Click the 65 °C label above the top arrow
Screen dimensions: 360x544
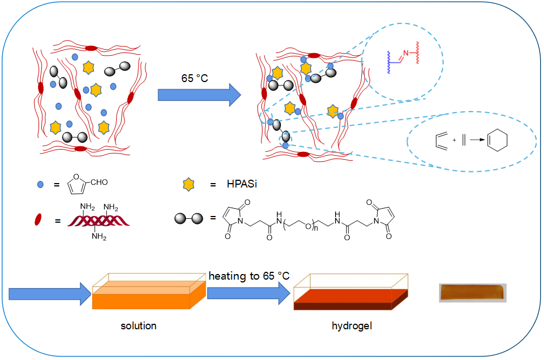[194, 79]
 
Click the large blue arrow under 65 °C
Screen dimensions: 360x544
[198, 95]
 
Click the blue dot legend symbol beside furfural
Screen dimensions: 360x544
[40, 184]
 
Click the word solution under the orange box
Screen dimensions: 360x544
[139, 325]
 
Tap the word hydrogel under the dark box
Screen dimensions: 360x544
[352, 325]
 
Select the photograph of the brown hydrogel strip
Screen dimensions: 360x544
[473, 292]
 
